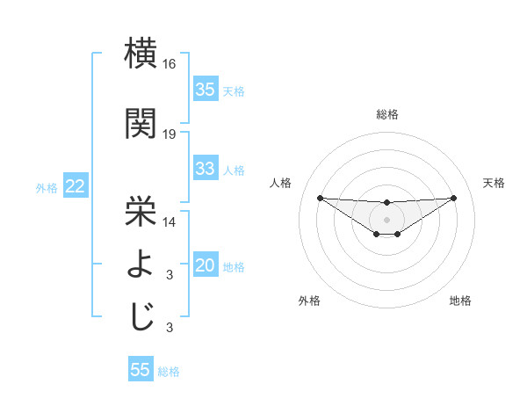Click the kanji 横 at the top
point(141,54)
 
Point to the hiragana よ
point(141,263)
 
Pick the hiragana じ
point(141,315)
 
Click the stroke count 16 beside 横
point(170,65)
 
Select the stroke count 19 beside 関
point(170,134)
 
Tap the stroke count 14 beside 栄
point(170,222)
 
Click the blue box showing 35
point(206,90)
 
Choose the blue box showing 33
point(206,169)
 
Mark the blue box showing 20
point(206,266)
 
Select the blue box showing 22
point(75,186)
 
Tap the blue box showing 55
point(141,370)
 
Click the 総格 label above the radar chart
point(386,114)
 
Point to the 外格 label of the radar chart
point(309,301)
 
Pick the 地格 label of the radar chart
point(460,301)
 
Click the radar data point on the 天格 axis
point(454,198)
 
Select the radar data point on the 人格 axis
point(320,198)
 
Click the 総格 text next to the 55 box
point(169,372)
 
